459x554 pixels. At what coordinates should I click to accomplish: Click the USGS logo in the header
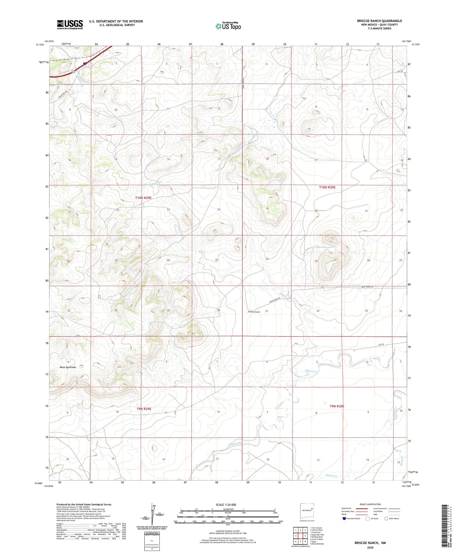click(70, 24)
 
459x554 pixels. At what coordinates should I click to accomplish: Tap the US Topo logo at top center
click(228, 26)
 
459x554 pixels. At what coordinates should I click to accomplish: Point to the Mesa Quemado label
click(68, 367)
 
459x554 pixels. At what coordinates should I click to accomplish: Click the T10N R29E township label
click(143, 198)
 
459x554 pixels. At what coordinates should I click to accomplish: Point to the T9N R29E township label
click(144, 409)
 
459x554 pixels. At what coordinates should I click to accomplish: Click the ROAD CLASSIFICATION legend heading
click(370, 504)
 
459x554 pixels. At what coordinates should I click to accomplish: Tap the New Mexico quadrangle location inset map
click(307, 510)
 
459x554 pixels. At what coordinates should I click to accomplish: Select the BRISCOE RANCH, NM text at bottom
click(370, 543)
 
